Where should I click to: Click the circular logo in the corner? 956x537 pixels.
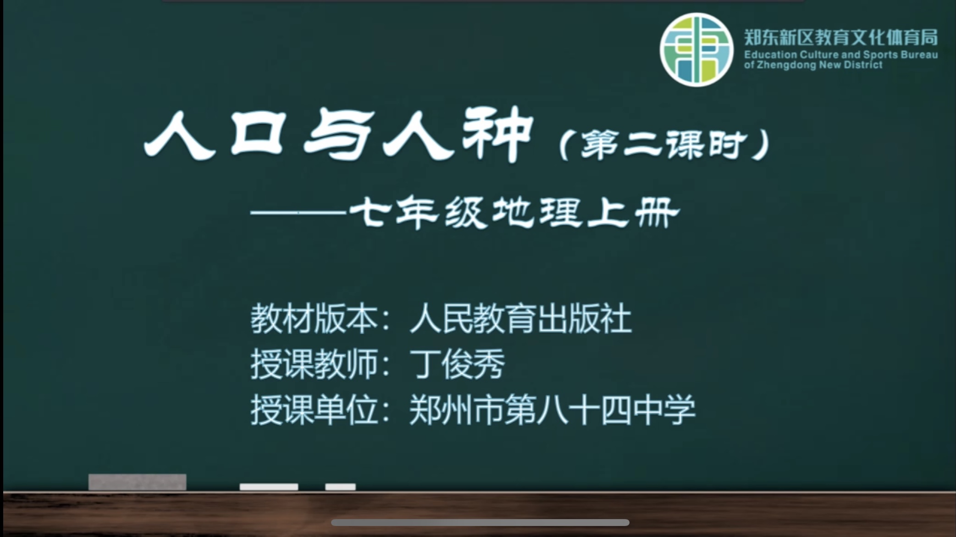[x=696, y=50]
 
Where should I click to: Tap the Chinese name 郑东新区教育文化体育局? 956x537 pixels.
[x=841, y=37]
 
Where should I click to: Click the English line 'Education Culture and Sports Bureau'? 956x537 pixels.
[x=841, y=55]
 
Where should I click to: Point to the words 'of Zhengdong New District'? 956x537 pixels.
[x=813, y=65]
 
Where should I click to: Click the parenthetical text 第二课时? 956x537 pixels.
[x=663, y=144]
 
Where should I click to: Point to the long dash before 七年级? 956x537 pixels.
[x=298, y=213]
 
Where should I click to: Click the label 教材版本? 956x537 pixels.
[x=314, y=319]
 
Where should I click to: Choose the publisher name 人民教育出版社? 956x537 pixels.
[x=520, y=319]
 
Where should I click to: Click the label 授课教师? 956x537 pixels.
[x=314, y=364]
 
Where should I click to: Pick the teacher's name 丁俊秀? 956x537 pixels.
[x=457, y=364]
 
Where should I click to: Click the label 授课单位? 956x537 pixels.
[x=314, y=409]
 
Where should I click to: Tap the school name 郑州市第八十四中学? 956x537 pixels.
[x=552, y=409]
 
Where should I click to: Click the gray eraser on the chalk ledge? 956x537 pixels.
[x=137, y=482]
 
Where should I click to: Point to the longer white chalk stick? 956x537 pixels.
[x=269, y=487]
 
